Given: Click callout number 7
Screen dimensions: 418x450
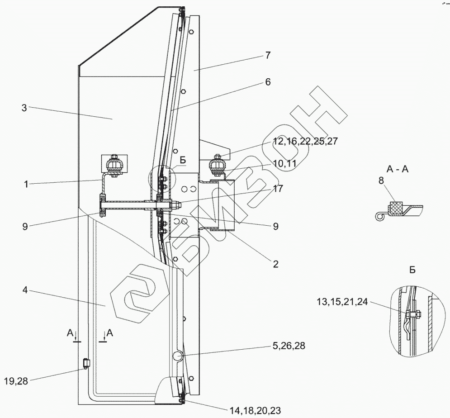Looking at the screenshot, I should click(268, 56).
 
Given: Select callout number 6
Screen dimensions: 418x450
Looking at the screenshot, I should click(268, 82).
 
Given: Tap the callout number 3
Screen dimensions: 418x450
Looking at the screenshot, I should click(24, 108).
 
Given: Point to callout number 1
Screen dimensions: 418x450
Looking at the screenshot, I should click(26, 184).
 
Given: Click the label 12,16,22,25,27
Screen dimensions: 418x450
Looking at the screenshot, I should click(305, 142).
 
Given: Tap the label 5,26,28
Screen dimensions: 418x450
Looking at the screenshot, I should click(289, 346).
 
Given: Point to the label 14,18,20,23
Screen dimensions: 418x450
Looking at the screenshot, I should click(255, 410).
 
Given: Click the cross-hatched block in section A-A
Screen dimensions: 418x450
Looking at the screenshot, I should click(397, 207).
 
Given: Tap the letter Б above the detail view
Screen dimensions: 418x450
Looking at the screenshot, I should click(412, 270).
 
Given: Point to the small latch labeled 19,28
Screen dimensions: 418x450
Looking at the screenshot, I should click(85, 363).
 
